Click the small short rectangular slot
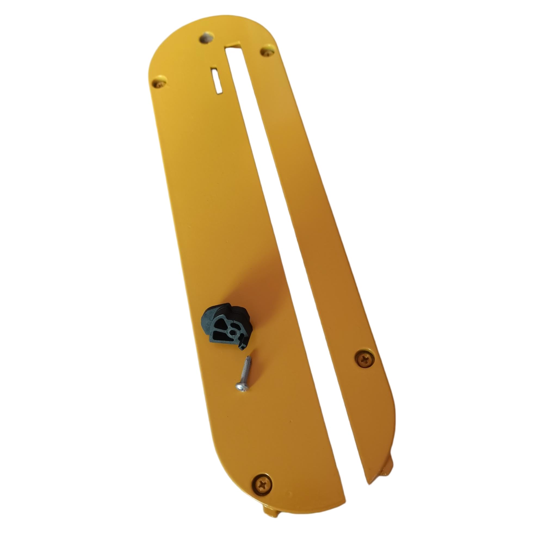[217, 80]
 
